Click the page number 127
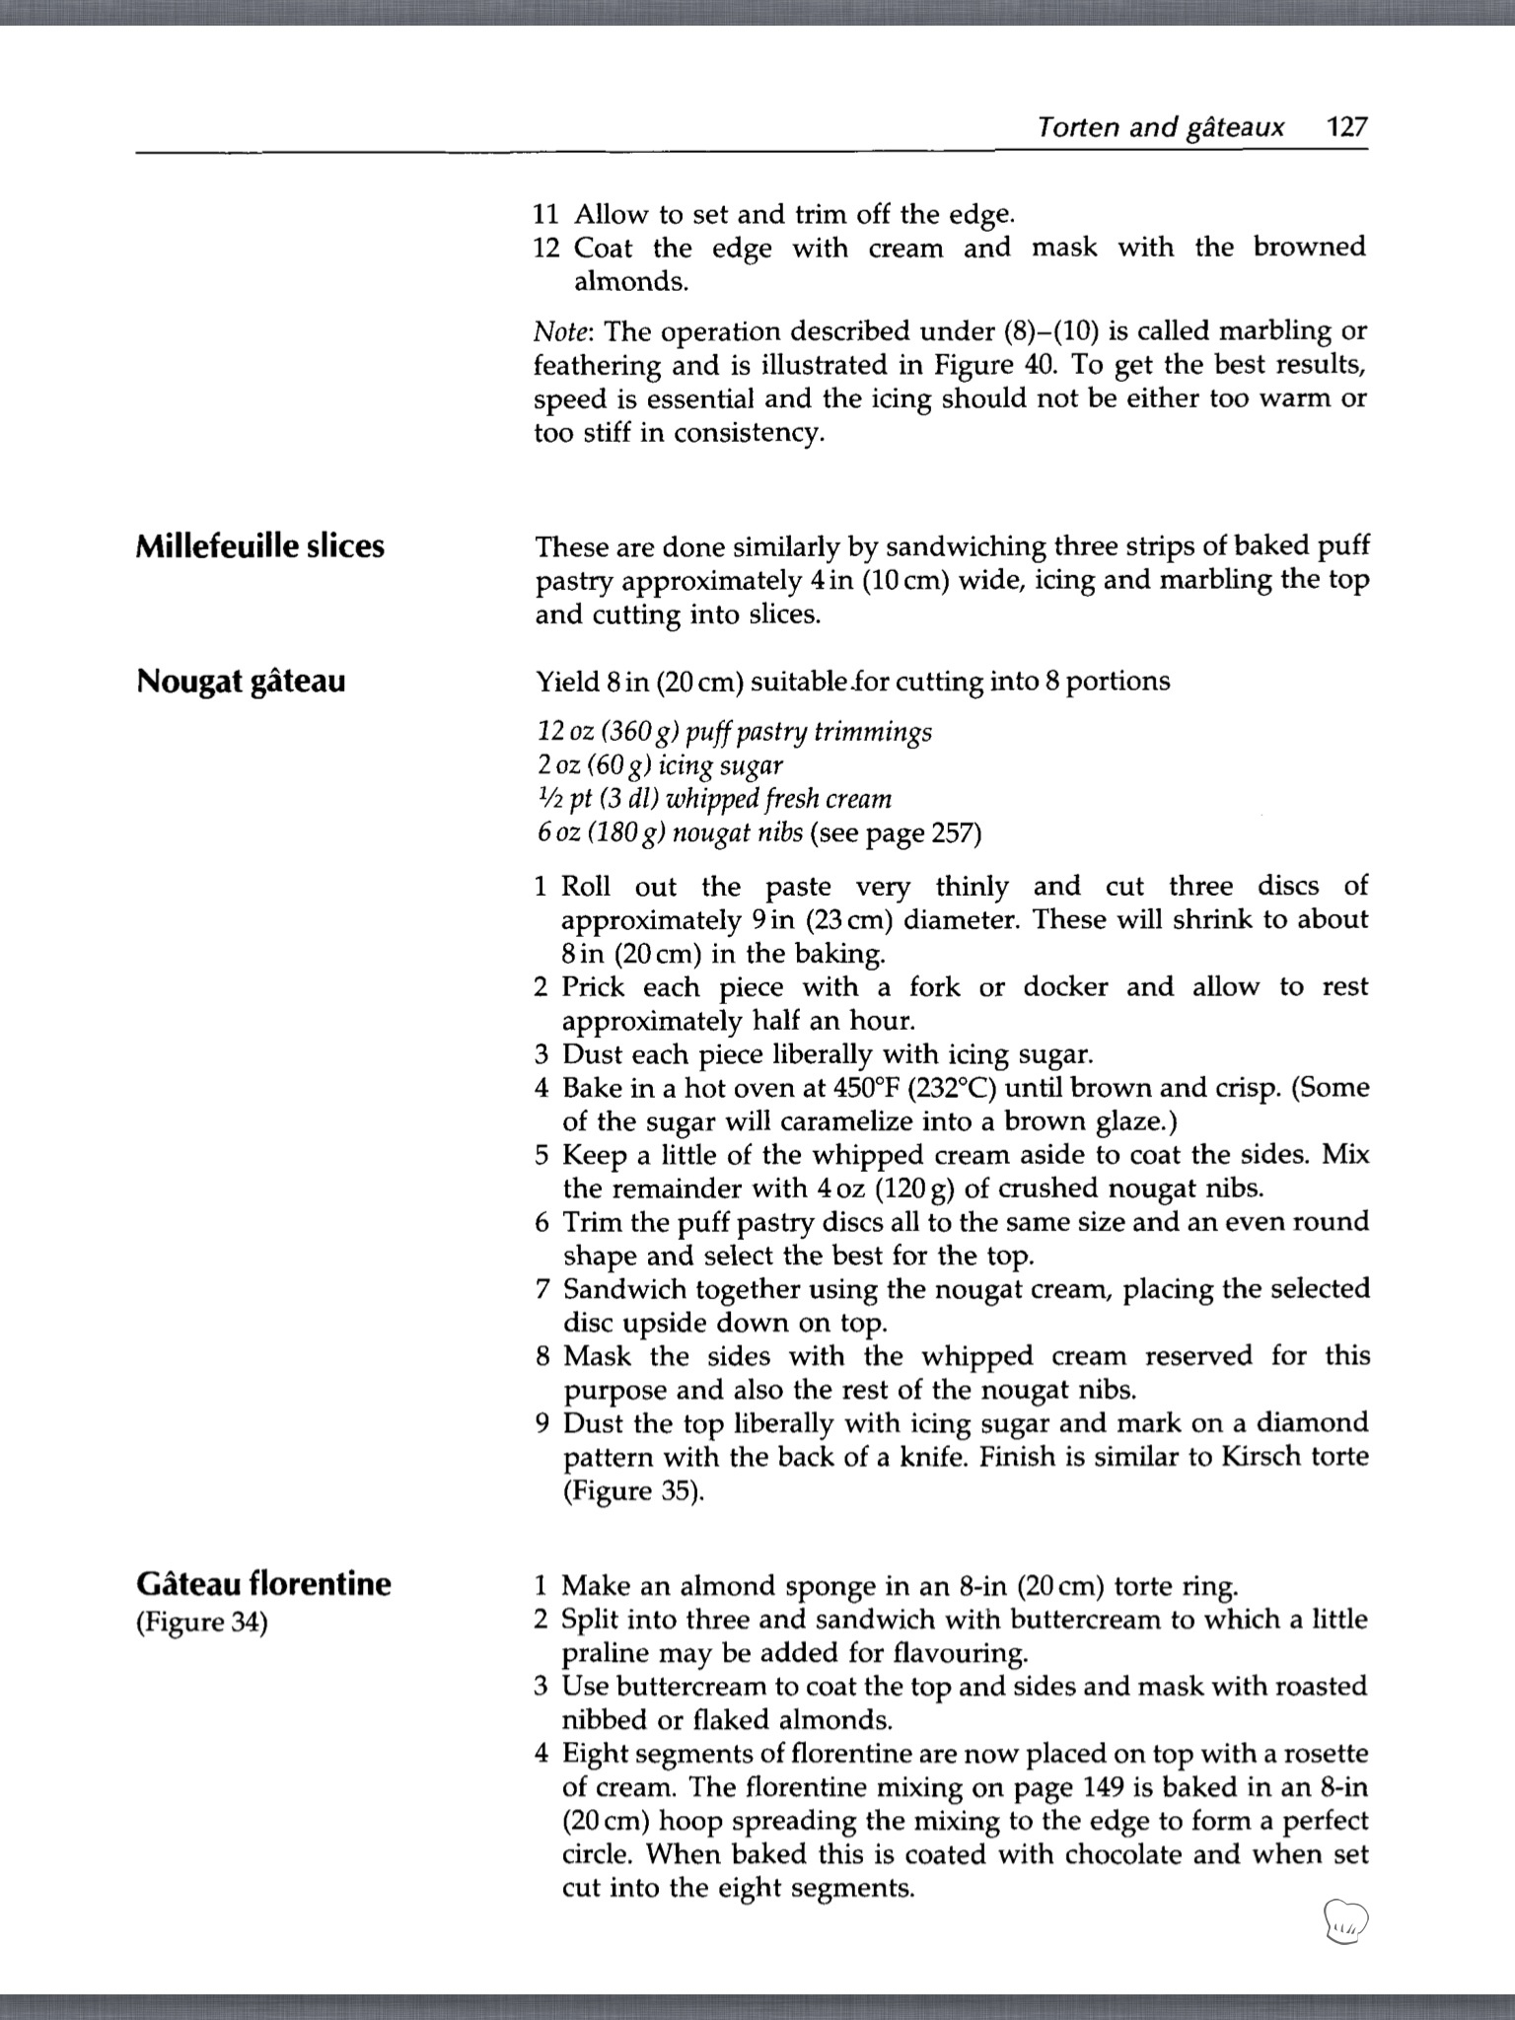(x=1345, y=126)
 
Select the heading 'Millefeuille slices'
(x=259, y=545)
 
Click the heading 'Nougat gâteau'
(x=241, y=681)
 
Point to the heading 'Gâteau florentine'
(x=262, y=1584)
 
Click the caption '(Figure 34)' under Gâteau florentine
(x=201, y=1623)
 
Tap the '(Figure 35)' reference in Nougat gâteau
(x=633, y=1490)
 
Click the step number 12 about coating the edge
(x=545, y=248)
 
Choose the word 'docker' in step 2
(x=1065, y=987)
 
